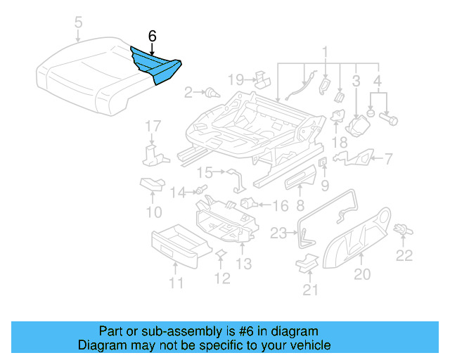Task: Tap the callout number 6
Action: tap(153, 36)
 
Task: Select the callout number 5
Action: tap(79, 25)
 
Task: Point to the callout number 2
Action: tap(188, 91)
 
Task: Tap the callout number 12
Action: tap(221, 278)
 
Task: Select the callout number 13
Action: tap(243, 264)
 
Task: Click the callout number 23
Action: tap(279, 233)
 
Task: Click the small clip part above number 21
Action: tap(307, 263)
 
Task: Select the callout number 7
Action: tap(389, 159)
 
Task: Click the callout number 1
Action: tap(325, 51)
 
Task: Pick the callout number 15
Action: tap(204, 172)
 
